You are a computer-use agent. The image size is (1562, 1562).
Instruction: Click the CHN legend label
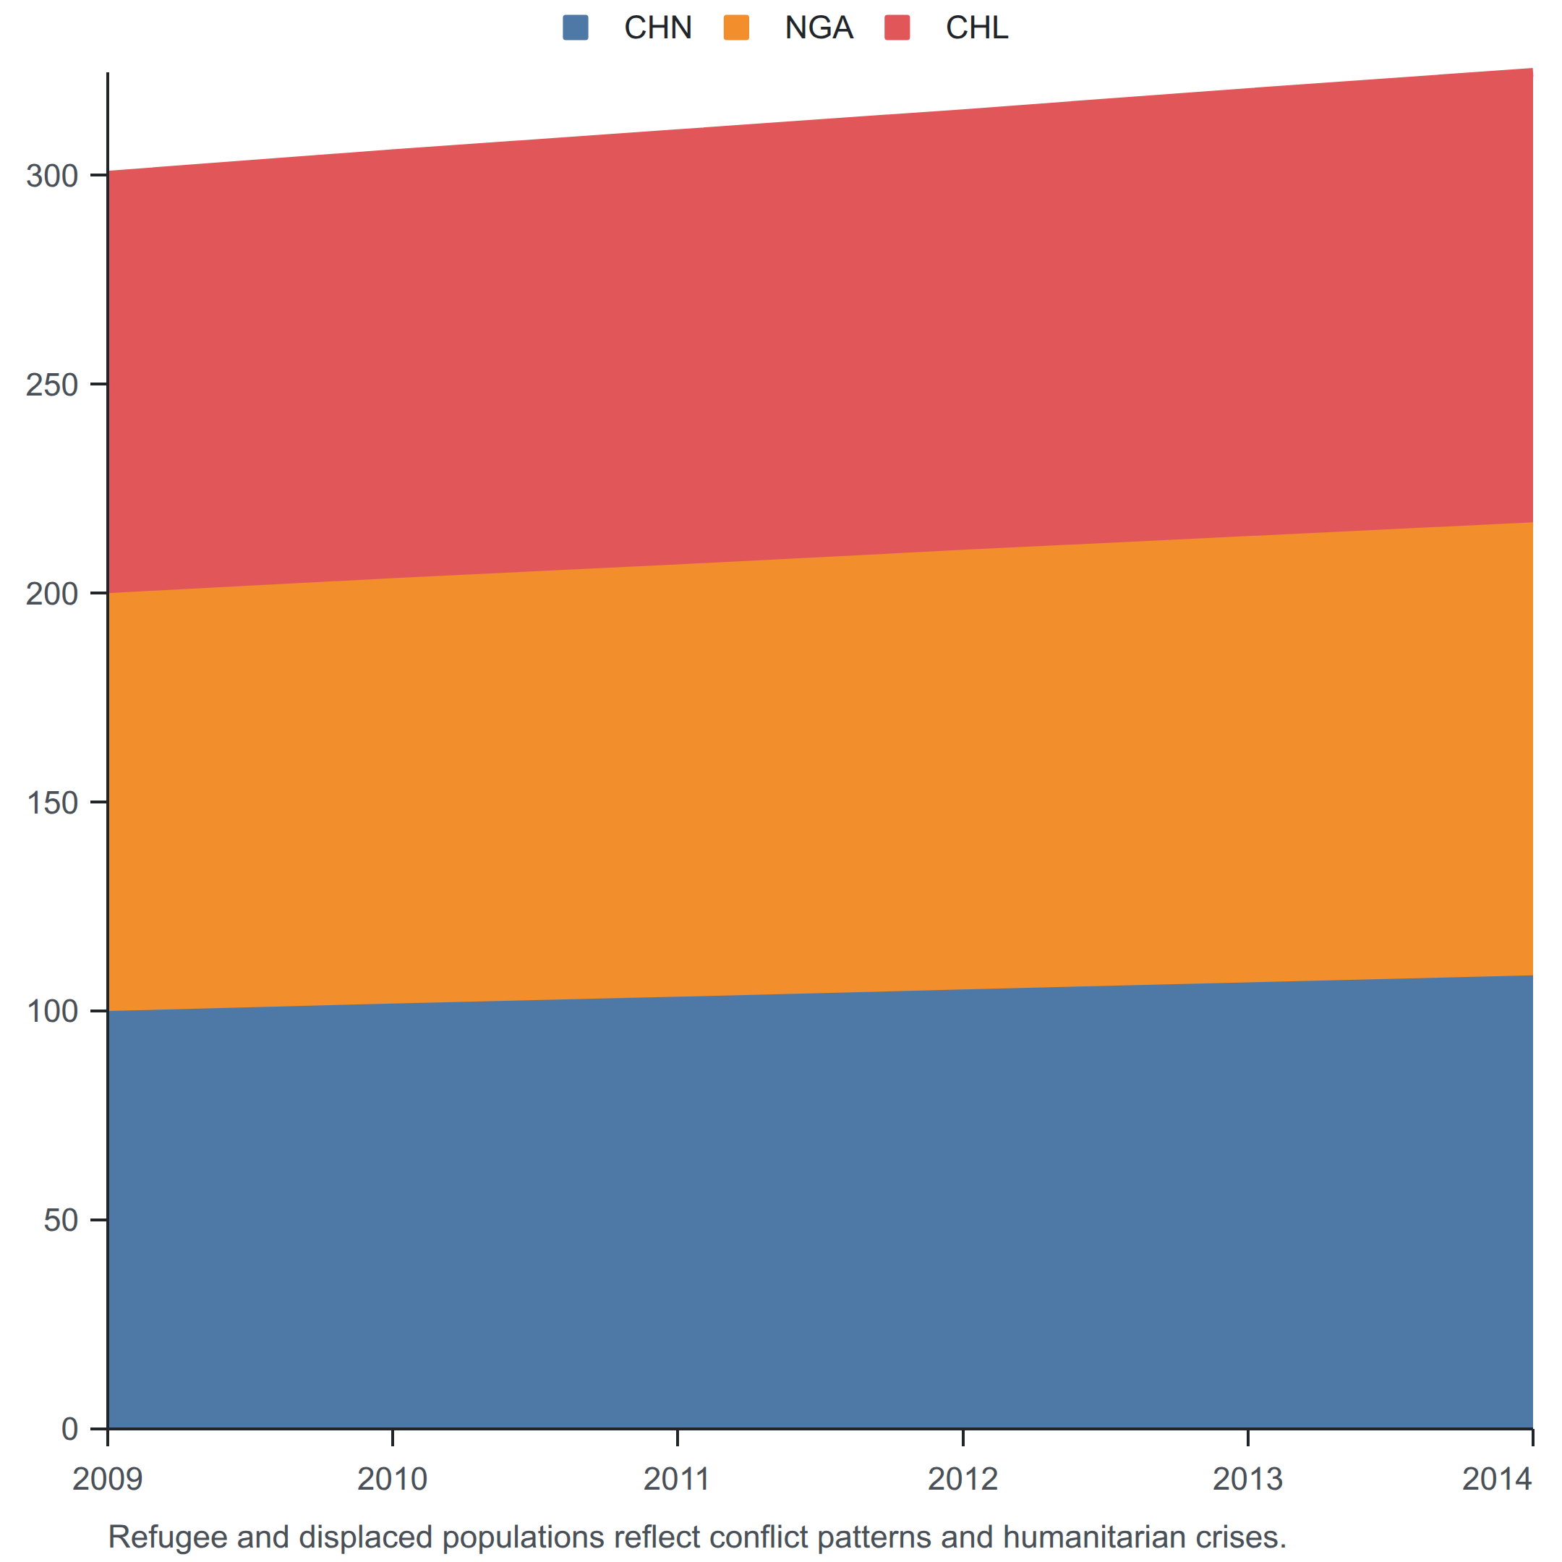[x=657, y=28]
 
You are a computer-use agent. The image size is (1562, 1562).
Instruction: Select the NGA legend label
[x=818, y=28]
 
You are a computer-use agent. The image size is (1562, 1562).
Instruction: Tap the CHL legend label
[x=977, y=28]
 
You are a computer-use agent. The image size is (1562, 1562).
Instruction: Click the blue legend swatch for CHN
[x=576, y=27]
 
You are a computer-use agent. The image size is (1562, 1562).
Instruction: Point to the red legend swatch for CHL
[x=897, y=27]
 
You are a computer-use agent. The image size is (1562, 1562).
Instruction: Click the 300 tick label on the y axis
[x=52, y=176]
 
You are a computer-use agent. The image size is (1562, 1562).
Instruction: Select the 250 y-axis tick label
[x=52, y=384]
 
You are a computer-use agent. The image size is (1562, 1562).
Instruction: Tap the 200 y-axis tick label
[x=52, y=594]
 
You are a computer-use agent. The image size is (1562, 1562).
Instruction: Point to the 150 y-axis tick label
[x=52, y=802]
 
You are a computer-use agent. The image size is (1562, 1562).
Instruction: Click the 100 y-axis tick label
[x=52, y=1011]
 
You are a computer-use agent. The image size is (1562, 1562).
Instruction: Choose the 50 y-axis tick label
[x=61, y=1220]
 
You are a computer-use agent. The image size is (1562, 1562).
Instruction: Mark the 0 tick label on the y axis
[x=69, y=1429]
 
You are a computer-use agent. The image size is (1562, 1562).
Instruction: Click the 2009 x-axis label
[x=108, y=1479]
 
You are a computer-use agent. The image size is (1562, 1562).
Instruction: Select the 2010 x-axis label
[x=392, y=1479]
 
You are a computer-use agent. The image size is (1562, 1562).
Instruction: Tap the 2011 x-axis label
[x=678, y=1479]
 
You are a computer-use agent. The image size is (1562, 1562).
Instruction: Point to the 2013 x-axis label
[x=1247, y=1479]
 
